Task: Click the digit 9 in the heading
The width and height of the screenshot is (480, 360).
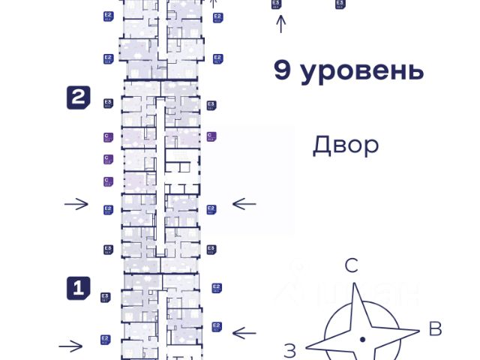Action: pos(282,72)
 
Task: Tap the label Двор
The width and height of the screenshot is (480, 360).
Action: pos(346,144)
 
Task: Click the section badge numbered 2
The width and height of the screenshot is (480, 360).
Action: pos(79,97)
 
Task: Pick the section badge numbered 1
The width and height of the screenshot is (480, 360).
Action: pos(79,287)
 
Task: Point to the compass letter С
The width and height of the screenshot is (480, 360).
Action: pos(351,265)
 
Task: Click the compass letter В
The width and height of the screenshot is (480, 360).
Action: pos(434,328)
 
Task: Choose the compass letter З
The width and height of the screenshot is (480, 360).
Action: pos(290,349)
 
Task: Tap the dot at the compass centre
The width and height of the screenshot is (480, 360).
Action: pos(362,340)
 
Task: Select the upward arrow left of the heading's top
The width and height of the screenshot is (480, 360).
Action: pos(281,25)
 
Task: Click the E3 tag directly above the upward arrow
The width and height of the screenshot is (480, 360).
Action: pos(277,4)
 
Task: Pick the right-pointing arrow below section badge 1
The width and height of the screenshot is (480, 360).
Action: pos(71,346)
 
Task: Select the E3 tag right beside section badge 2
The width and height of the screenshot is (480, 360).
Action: pos(108,103)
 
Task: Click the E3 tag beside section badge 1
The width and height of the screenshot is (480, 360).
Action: pos(106,298)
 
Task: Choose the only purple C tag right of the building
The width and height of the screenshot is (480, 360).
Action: pos(211,136)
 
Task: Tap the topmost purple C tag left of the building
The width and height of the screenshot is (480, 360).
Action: pos(108,136)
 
